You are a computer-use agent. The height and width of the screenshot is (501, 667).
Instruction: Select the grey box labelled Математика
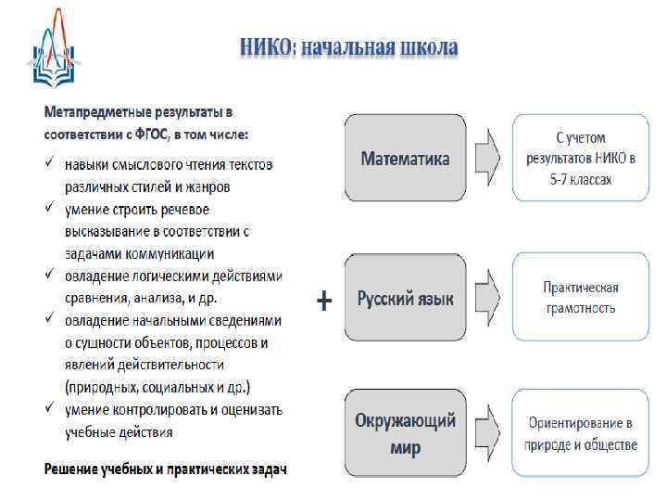pos(406,159)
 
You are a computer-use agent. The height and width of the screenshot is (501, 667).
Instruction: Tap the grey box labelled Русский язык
pos(406,299)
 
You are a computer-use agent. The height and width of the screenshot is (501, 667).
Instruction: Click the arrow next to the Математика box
pos(487,159)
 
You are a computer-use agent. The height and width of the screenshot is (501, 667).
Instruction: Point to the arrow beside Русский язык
pos(487,299)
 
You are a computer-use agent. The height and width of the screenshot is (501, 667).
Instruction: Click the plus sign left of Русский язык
pos(323,301)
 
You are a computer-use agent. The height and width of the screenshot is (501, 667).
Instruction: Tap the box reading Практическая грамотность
pos(580,298)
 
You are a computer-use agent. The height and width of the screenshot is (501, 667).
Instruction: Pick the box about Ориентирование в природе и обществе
pos(580,434)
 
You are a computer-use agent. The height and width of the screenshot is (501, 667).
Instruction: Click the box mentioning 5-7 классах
pos(580,158)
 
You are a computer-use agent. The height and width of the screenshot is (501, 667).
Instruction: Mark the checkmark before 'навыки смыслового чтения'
pos(50,165)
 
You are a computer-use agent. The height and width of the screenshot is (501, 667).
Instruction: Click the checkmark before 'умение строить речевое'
pos(50,209)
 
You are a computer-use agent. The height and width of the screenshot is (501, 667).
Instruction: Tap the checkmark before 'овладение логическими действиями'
pos(50,276)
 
